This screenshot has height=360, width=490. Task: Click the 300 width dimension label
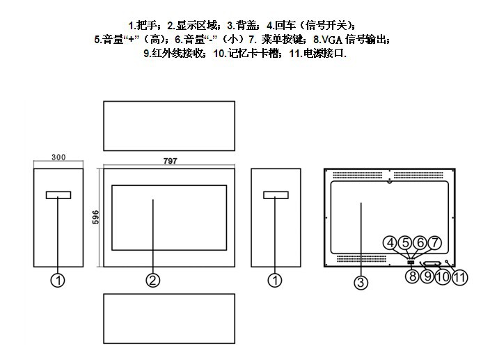pos(58,158)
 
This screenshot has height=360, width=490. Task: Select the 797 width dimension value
pos(171,161)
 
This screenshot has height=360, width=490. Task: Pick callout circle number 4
pos(391,243)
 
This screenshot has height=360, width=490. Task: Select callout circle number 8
pos(411,276)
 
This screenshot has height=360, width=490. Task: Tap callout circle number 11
pos(459,276)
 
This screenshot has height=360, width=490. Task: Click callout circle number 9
pos(427,276)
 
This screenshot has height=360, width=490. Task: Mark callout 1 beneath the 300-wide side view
pos(58,280)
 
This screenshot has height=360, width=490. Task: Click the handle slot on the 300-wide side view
pos(58,195)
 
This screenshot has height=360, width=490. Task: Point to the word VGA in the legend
pos(333,39)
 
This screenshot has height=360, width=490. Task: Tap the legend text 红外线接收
pos(180,53)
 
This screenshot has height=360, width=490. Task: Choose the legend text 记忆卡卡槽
pos(252,53)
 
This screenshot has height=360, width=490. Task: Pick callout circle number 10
pos(443,276)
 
